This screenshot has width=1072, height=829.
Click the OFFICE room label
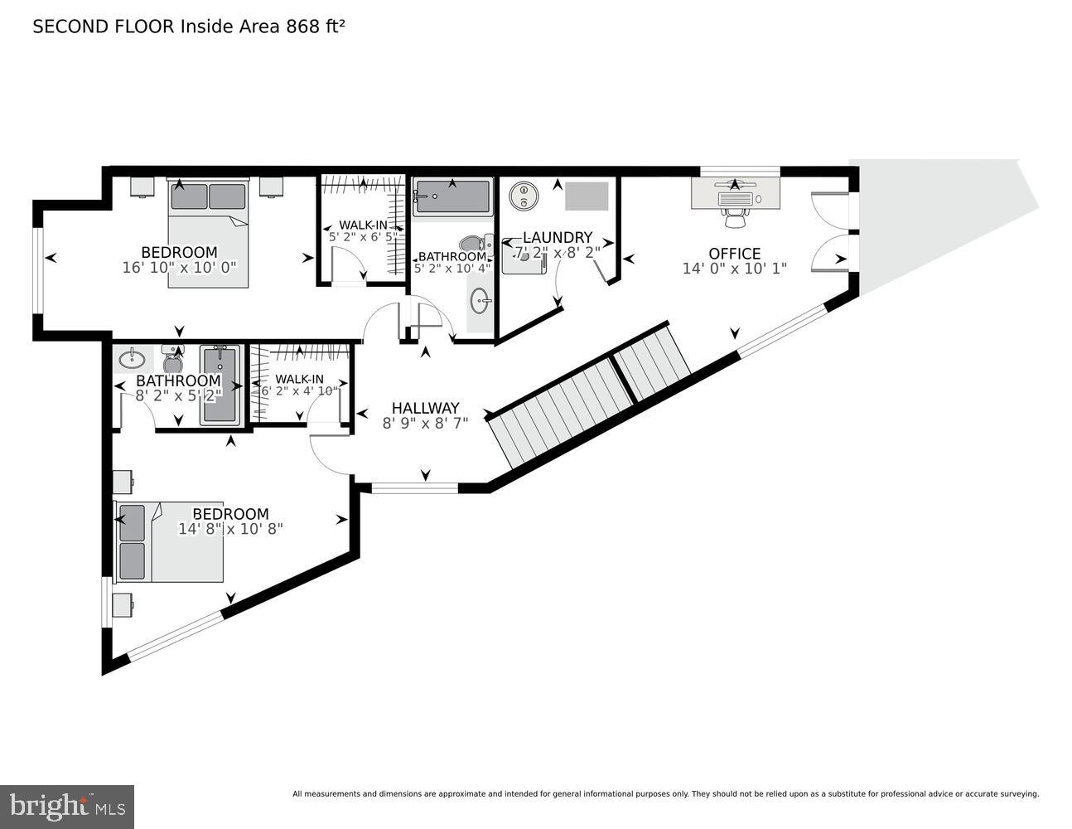click(x=734, y=254)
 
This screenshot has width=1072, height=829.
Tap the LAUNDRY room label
click(x=557, y=238)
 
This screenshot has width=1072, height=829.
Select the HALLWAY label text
click(x=425, y=408)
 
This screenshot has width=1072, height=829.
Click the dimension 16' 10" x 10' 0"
click(x=179, y=268)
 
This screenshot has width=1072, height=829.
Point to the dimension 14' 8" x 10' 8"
click(x=230, y=528)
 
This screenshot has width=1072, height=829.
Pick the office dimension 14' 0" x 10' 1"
click(x=734, y=269)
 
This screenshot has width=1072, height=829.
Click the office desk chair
click(x=734, y=217)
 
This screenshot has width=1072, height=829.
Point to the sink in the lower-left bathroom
click(x=132, y=360)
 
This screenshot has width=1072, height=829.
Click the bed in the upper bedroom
click(x=208, y=234)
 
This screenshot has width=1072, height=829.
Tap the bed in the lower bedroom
click(x=169, y=542)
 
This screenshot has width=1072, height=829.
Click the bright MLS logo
click(x=68, y=805)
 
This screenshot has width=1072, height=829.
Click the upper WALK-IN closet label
click(x=363, y=225)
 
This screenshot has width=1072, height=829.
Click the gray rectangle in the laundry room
click(x=587, y=196)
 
